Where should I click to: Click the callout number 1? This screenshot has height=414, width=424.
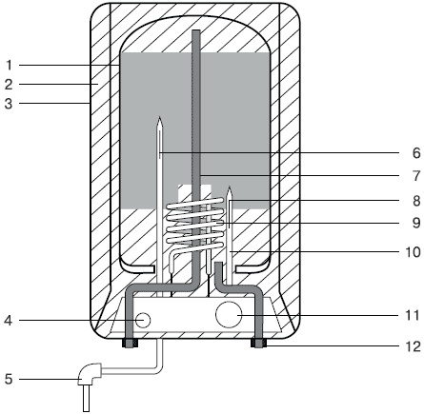pyautogui.click(x=9, y=66)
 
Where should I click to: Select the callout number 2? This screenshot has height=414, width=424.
pyautogui.click(x=9, y=85)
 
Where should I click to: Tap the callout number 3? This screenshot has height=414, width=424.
pyautogui.click(x=9, y=104)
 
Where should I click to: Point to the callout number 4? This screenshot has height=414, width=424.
pyautogui.click(x=9, y=321)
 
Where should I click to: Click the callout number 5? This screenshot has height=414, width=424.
pyautogui.click(x=9, y=379)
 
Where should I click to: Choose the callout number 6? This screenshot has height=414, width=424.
pyautogui.click(x=416, y=153)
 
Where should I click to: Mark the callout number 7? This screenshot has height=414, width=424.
pyautogui.click(x=416, y=176)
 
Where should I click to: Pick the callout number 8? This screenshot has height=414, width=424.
pyautogui.click(x=416, y=201)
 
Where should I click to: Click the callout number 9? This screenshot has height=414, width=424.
pyautogui.click(x=416, y=223)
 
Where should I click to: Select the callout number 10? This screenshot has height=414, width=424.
pyautogui.click(x=413, y=252)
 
